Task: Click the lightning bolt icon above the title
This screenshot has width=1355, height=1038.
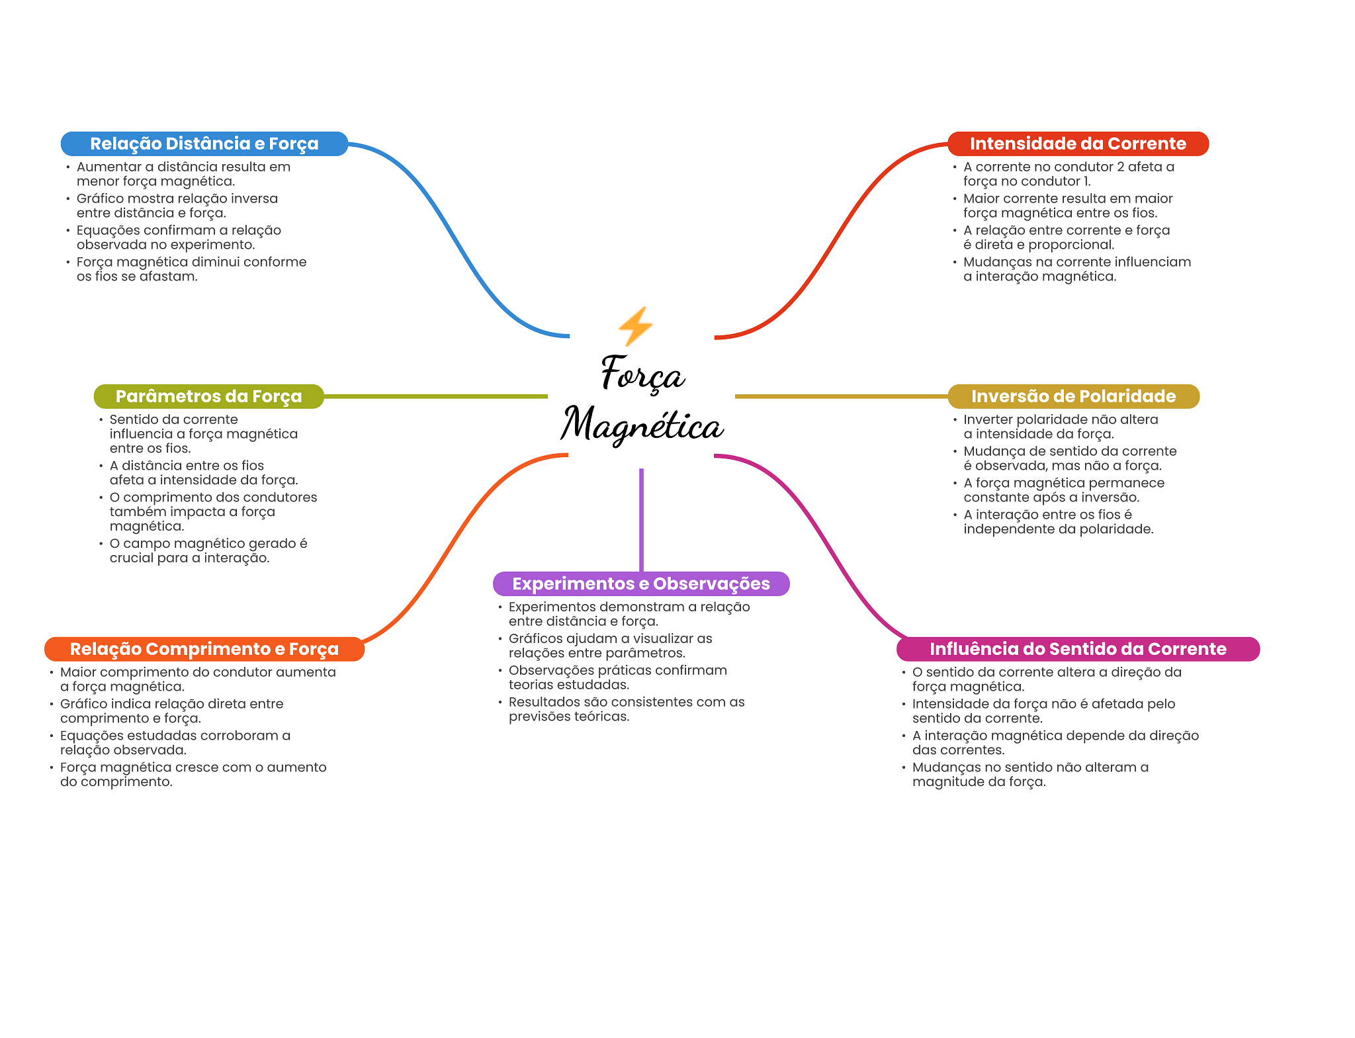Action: click(635, 325)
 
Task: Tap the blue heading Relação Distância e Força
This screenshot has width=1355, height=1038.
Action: click(204, 144)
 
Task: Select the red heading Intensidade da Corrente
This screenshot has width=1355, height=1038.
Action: click(1078, 144)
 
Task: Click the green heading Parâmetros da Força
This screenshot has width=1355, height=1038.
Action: click(208, 396)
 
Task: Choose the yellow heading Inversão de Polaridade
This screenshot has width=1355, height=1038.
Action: click(1073, 396)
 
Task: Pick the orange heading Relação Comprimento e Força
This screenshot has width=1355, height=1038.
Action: click(204, 649)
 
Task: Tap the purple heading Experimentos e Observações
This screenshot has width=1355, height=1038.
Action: click(641, 584)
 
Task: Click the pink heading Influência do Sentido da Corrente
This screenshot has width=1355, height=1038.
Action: click(1078, 649)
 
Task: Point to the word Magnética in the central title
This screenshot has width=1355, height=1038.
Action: click(642, 424)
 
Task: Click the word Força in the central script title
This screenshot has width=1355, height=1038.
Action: click(642, 373)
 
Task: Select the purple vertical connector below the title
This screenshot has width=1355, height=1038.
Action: click(641, 520)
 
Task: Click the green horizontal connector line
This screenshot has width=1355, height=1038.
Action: click(436, 396)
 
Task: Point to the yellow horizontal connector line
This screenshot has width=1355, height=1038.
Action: click(842, 396)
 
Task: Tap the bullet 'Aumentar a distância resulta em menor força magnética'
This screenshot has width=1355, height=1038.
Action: click(183, 174)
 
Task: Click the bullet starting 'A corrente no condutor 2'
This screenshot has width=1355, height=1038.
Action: click(1069, 174)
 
